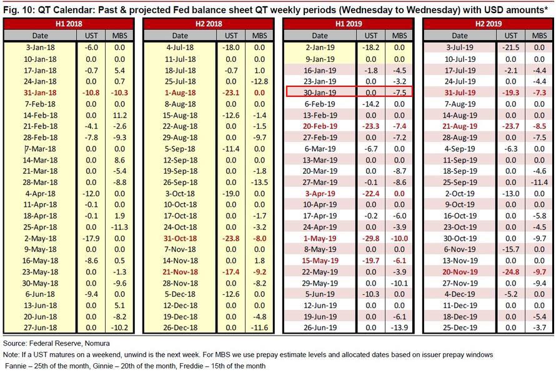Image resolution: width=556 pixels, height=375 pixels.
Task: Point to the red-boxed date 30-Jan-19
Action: (320, 91)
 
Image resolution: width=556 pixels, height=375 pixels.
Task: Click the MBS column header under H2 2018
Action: (259, 36)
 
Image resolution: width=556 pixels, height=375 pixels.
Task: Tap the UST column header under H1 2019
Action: (370, 36)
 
